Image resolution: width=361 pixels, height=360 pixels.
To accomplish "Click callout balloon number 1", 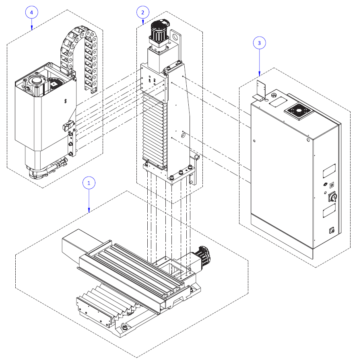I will click(x=89, y=182).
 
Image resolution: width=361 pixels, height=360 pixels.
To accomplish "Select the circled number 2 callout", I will click(x=142, y=12).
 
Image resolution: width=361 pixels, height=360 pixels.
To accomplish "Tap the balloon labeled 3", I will click(x=259, y=42).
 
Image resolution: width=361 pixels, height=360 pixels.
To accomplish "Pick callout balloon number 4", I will click(x=31, y=12).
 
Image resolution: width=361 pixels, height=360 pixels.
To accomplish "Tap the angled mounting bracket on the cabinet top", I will click(x=261, y=91).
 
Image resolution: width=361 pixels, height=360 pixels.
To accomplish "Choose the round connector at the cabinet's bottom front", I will click(x=332, y=230).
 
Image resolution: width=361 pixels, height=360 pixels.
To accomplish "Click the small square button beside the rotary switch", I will click(x=332, y=185).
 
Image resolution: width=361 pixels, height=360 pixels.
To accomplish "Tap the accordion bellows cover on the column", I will click(x=154, y=129).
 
